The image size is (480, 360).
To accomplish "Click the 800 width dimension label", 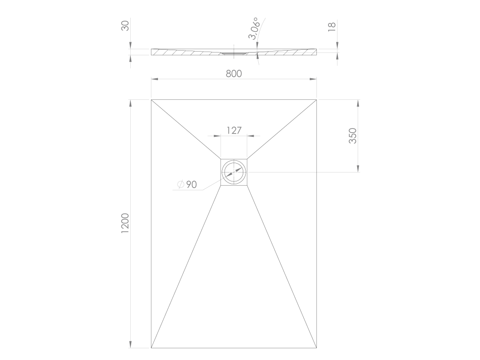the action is click(234, 74).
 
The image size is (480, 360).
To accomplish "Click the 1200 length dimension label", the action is click(125, 224).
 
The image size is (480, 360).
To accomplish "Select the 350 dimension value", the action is click(353, 136).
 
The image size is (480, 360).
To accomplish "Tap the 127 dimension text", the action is click(234, 130).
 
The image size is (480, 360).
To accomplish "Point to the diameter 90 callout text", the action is click(187, 184).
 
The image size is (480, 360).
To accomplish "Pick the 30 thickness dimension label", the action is click(125, 26).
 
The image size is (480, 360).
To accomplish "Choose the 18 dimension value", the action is click(332, 27).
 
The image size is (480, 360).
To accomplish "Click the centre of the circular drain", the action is click(234, 172).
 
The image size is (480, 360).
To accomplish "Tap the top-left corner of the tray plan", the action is click(151, 100).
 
